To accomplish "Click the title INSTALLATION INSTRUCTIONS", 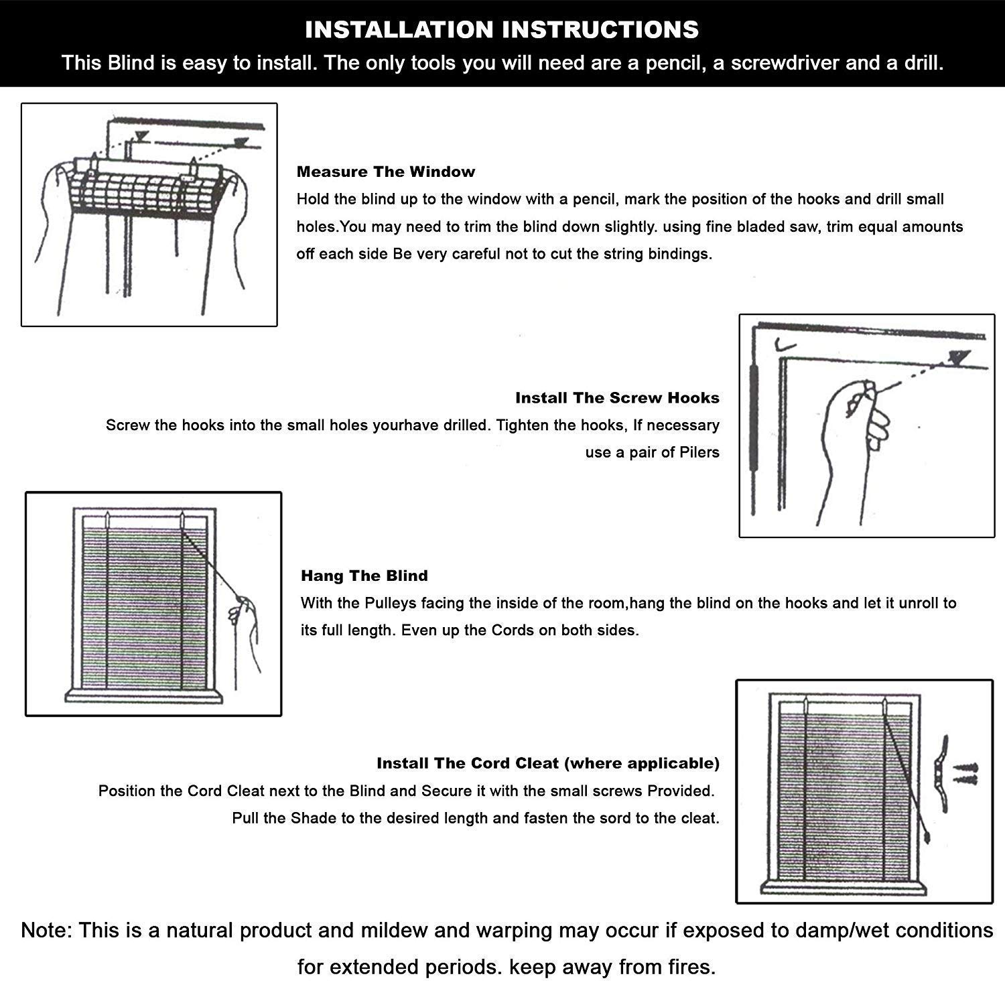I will (x=502, y=29).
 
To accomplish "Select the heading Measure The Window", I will (x=386, y=172).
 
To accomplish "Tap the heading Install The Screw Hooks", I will (x=617, y=398).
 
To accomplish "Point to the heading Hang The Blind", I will (x=364, y=576).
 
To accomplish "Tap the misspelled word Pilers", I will (x=699, y=452).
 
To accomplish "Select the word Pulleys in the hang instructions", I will (x=389, y=603).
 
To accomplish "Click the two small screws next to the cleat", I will (x=965, y=774).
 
